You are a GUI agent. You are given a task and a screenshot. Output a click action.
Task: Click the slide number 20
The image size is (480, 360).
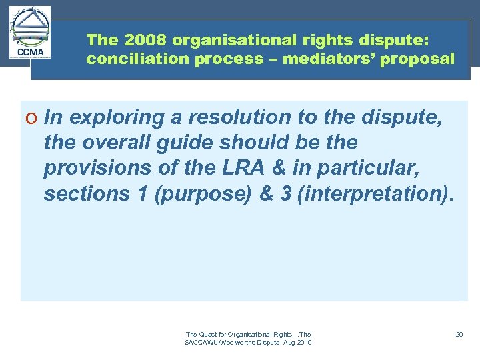[x=459, y=334]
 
